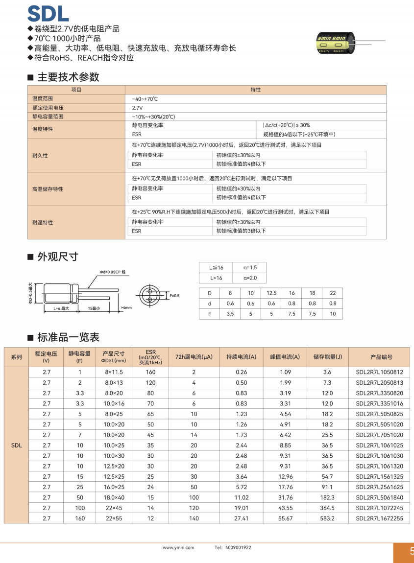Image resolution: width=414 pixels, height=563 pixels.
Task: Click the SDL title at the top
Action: pos(48,14)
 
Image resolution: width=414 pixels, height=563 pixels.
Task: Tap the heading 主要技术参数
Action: pos(68,77)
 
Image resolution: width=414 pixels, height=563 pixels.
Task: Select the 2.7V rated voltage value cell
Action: pos(137,108)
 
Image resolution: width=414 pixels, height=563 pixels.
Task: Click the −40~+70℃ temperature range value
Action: pos(145,99)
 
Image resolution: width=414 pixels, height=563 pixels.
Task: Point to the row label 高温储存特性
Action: pos(48,189)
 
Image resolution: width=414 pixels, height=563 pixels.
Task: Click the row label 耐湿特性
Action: pos(43,222)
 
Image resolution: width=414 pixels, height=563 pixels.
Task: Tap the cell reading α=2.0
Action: pos(250,278)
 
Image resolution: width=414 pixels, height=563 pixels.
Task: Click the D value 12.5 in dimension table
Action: pos(271,293)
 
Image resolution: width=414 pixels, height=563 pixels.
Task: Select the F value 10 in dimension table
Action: pos(333,314)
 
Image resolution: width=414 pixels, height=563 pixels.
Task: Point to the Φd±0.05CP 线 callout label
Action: pos(113,272)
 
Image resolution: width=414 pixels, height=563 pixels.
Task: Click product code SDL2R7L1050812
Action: pos(379,372)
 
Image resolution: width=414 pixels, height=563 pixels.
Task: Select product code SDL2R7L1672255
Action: pos(379,518)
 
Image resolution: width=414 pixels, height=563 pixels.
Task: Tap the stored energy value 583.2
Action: pos(327,518)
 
